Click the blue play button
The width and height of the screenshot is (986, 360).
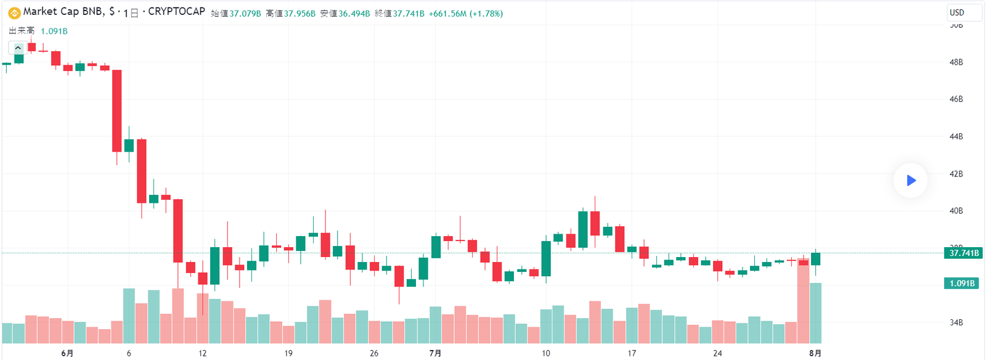coord(910,180)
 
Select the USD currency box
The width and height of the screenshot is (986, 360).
coord(963,12)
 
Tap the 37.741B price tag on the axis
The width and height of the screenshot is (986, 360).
coord(963,253)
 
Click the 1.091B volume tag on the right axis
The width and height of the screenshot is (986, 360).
coord(961,283)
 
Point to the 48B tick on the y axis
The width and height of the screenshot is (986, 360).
coord(956,62)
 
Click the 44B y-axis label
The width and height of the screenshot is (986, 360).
coord(956,136)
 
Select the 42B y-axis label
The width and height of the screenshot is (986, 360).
coord(956,174)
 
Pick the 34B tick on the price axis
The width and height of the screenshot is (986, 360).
coord(956,322)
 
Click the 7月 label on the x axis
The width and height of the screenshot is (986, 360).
coord(435,353)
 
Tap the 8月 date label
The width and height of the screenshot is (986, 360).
coord(815,353)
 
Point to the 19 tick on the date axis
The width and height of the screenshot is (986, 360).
coord(288,353)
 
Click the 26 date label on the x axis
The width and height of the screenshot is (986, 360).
coord(374,353)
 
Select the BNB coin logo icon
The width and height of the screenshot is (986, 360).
coord(14,12)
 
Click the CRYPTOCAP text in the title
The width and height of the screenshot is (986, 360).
coord(176,12)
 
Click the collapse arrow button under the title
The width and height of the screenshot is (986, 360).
coord(18,48)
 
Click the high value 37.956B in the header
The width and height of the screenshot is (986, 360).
coord(299,14)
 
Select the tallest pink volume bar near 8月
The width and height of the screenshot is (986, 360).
coord(803,302)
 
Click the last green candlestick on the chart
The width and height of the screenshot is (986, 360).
coord(815,259)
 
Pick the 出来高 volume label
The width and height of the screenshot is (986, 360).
coord(22,31)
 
